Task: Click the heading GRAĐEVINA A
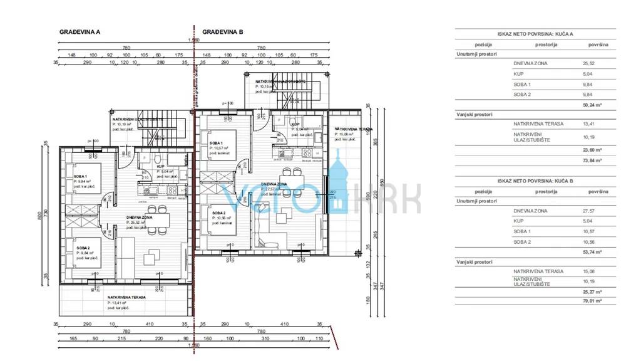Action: [x=79, y=31]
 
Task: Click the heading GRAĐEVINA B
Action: [x=222, y=31]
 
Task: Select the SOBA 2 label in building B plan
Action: [x=219, y=213]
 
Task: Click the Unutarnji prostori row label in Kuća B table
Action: [x=477, y=201]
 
